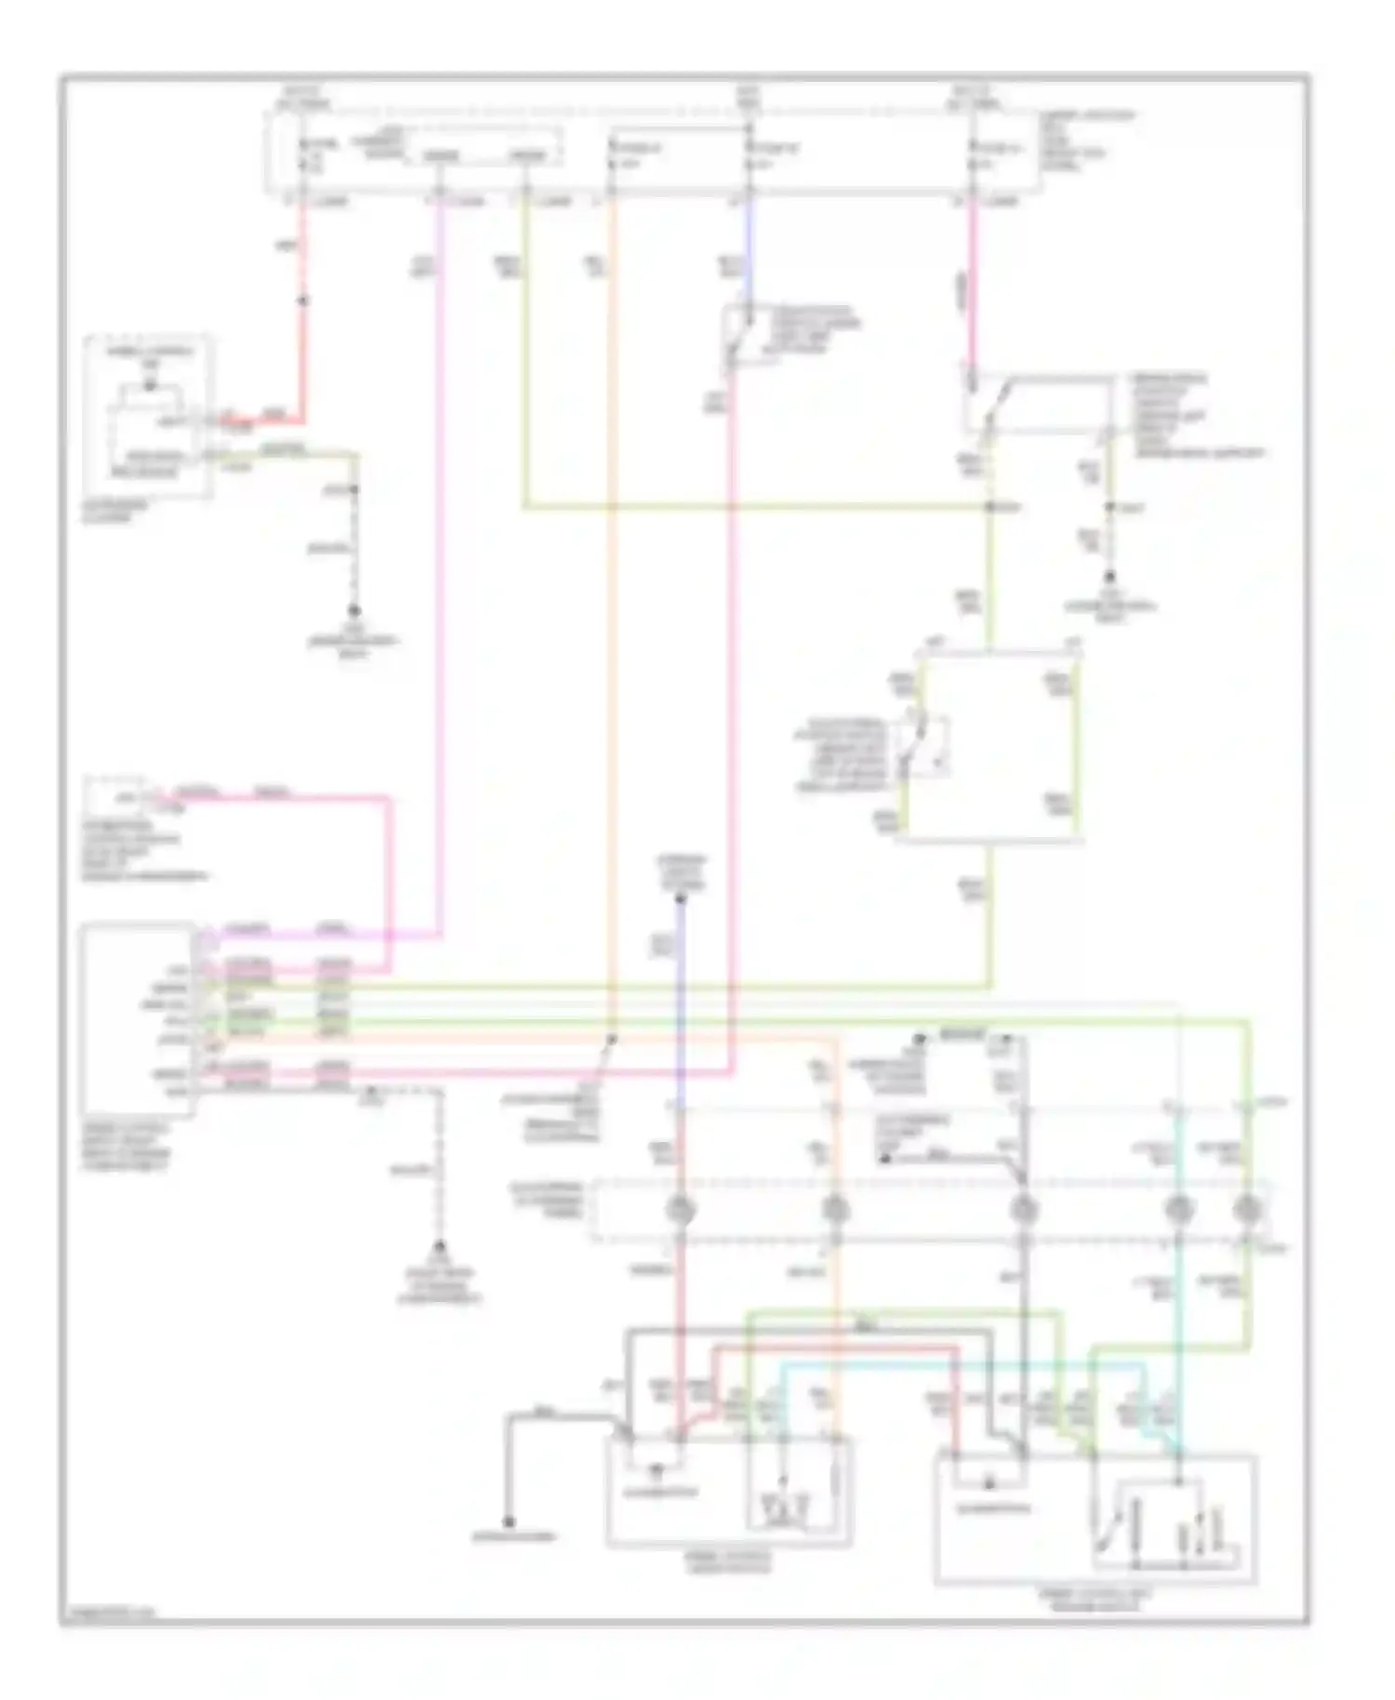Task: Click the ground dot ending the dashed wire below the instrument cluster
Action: click(x=353, y=611)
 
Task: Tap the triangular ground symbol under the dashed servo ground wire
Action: click(x=440, y=1249)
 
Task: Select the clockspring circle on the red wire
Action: click(x=680, y=1211)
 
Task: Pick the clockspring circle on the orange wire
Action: click(x=834, y=1211)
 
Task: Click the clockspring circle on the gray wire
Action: click(x=1023, y=1211)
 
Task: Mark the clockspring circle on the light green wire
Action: click(x=1246, y=1211)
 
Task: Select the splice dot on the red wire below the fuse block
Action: click(x=302, y=300)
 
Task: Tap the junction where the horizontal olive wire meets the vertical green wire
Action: click(x=990, y=507)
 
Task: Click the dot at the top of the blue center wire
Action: click(x=680, y=898)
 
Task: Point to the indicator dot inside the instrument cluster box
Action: click(x=149, y=387)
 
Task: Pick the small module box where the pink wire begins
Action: click(x=116, y=797)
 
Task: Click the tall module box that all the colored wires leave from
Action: click(x=138, y=1019)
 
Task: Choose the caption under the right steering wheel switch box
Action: click(x=1095, y=1599)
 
